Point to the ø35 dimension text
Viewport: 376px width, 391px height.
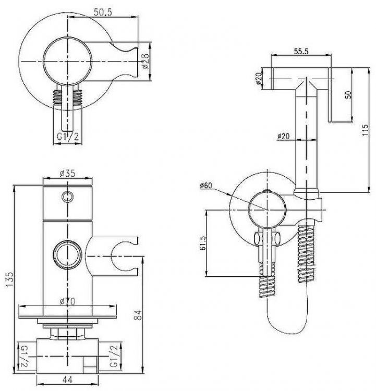68,175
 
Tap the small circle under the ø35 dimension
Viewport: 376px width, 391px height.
67,196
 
